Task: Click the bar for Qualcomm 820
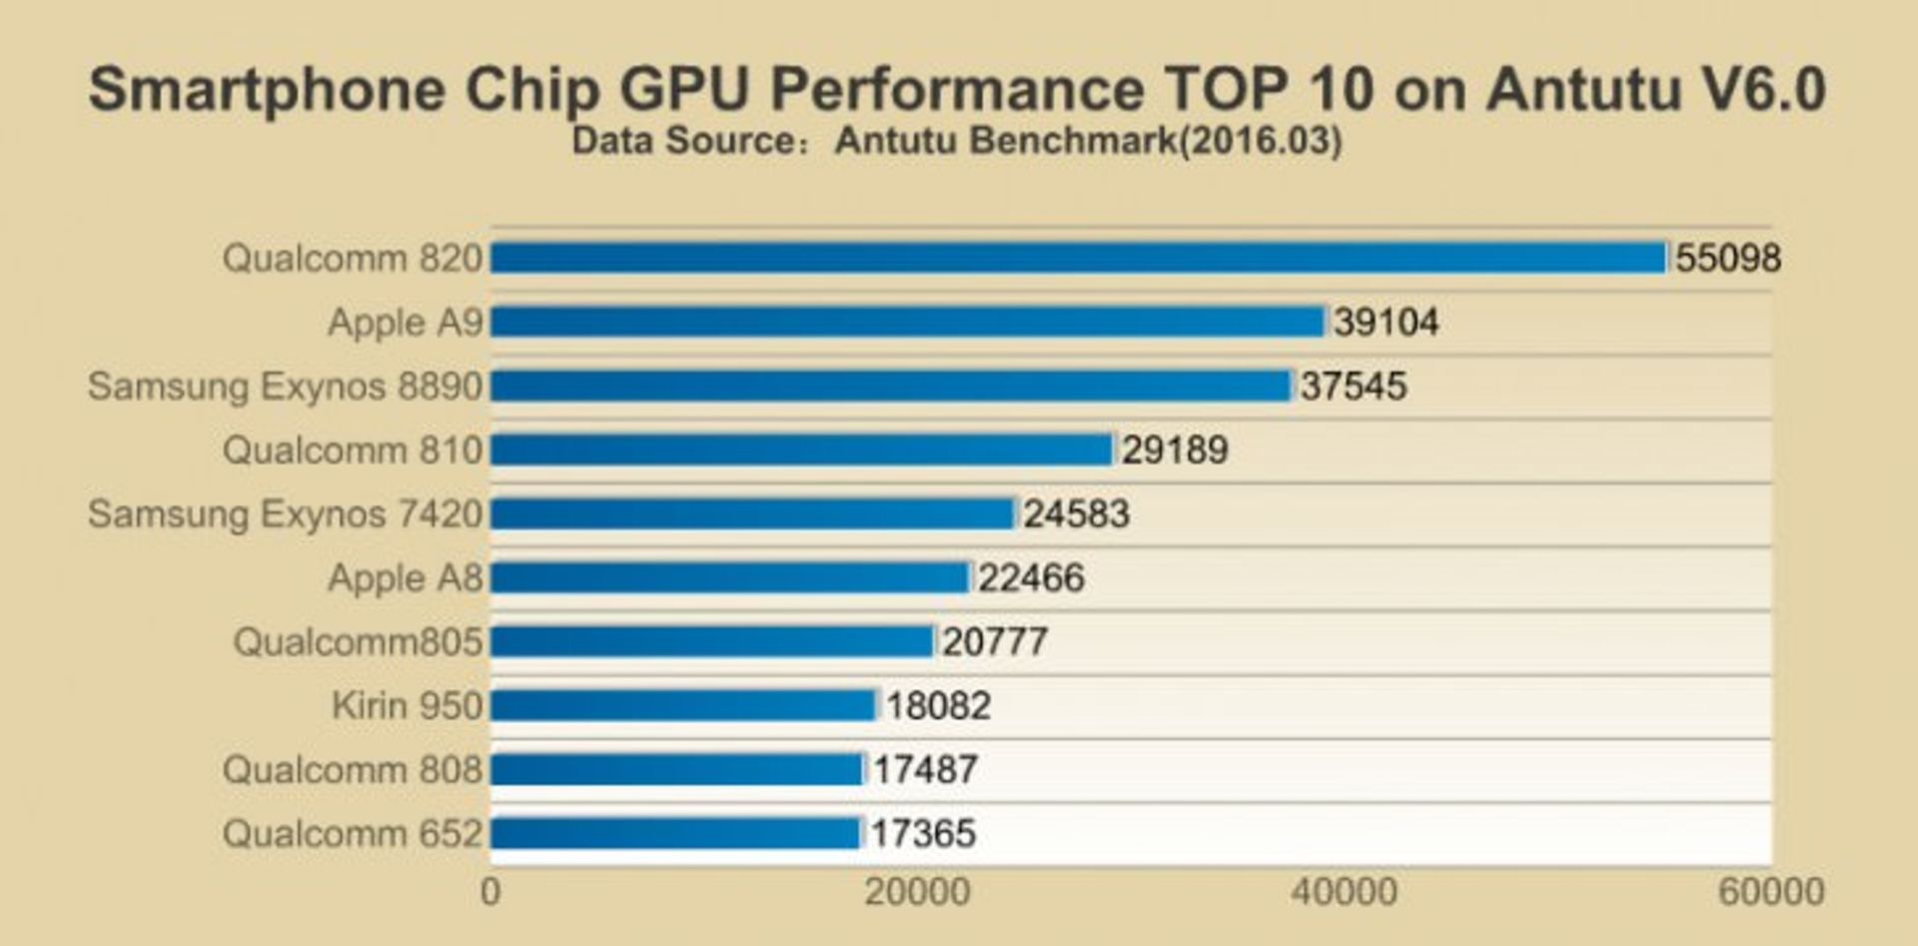[1079, 258]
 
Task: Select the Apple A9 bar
[907, 322]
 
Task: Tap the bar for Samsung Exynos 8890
[891, 386]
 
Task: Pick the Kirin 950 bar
[683, 705]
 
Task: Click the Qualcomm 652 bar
[675, 833]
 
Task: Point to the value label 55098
[1727, 258]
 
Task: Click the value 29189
[1174, 450]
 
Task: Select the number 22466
[1030, 577]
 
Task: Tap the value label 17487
[925, 769]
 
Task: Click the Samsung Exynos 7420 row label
[285, 513]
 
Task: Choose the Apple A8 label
[406, 577]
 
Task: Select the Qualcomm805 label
[358, 641]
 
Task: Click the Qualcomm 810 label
[353, 450]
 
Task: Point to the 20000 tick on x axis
[917, 891]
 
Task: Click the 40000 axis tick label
[1344, 891]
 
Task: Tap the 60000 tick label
[1770, 891]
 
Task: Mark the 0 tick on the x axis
[490, 891]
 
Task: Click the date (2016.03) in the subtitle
[1261, 141]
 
